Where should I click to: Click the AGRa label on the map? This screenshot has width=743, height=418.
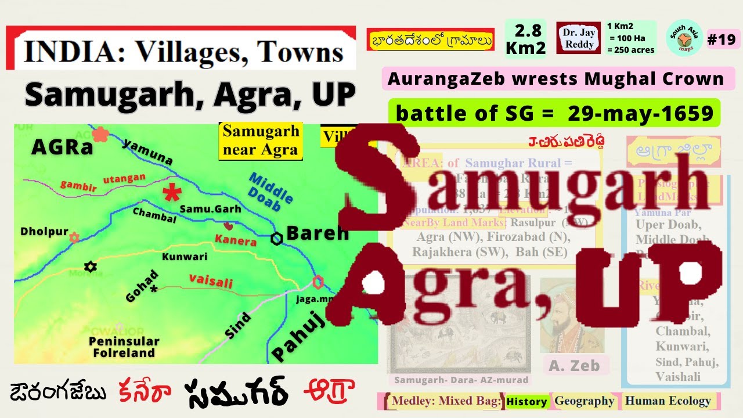[x=63, y=147]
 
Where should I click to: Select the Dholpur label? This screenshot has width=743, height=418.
[x=45, y=232]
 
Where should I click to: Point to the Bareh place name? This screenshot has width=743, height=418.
[x=318, y=233]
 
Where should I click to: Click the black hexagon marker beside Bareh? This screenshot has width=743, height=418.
[x=277, y=238]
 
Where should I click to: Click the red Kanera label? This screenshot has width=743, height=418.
[x=236, y=240]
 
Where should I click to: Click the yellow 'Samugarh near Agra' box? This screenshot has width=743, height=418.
[x=261, y=141]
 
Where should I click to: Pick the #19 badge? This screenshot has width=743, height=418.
[x=722, y=39]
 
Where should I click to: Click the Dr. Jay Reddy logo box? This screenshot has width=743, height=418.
[x=578, y=38]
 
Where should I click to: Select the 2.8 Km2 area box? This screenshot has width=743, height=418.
[x=525, y=39]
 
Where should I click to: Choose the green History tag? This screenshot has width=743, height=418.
[x=526, y=402]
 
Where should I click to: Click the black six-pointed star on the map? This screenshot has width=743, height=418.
[x=89, y=267]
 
